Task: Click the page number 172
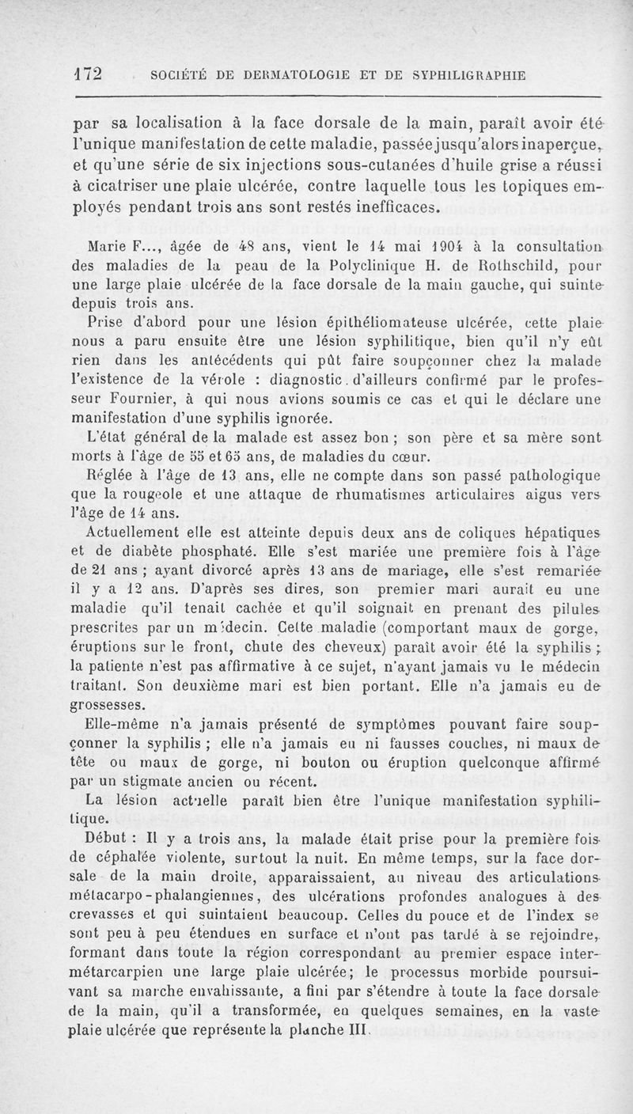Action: tap(89, 74)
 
